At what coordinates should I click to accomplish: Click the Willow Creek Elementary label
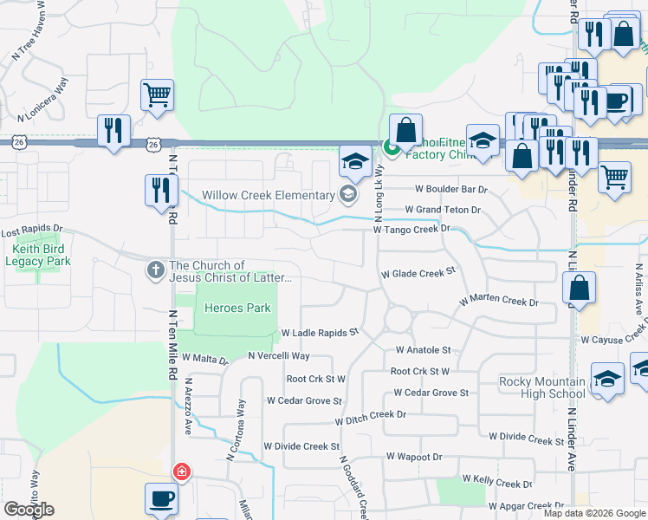pyautogui.click(x=268, y=195)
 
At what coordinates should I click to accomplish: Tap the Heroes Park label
pyautogui.click(x=237, y=308)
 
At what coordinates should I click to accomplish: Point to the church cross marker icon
pyautogui.click(x=156, y=271)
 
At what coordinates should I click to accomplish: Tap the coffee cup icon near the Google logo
pyautogui.click(x=161, y=499)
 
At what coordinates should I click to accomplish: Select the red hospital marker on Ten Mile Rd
pyautogui.click(x=181, y=472)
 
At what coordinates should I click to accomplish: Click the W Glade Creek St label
pyautogui.click(x=418, y=273)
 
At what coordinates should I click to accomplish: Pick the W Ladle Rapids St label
pyautogui.click(x=320, y=333)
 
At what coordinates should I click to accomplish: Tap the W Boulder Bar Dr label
pyautogui.click(x=451, y=189)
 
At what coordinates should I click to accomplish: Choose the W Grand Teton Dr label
pyautogui.click(x=443, y=210)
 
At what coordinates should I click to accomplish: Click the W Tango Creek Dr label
pyautogui.click(x=411, y=229)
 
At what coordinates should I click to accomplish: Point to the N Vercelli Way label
pyautogui.click(x=278, y=356)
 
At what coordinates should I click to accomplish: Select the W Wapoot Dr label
pyautogui.click(x=414, y=456)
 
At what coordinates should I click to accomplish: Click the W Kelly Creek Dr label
pyautogui.click(x=497, y=480)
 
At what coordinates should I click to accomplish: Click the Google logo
pyautogui.click(x=29, y=509)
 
